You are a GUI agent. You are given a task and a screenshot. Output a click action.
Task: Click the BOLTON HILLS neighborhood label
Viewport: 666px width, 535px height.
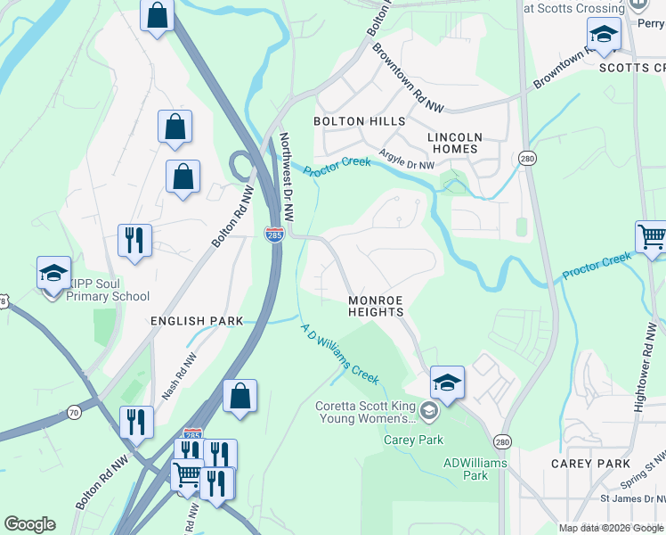click(x=359, y=120)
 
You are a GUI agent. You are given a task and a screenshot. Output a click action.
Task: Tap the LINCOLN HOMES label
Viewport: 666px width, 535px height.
click(x=455, y=143)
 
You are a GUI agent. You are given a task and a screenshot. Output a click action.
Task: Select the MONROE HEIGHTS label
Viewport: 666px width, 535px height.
click(x=376, y=306)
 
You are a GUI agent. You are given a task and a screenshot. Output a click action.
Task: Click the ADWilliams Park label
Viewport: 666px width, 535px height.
click(x=475, y=469)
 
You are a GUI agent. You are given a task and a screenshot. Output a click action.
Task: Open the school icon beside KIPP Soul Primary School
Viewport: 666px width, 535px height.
click(x=53, y=273)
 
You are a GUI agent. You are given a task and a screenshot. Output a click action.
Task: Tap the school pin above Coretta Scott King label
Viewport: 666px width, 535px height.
click(x=448, y=383)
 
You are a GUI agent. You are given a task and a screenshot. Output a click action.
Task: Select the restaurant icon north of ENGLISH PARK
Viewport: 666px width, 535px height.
click(x=134, y=240)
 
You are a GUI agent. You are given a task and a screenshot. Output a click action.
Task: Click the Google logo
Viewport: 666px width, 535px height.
click(x=29, y=524)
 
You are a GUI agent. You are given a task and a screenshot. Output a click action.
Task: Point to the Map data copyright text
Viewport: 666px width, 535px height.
click(x=611, y=528)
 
